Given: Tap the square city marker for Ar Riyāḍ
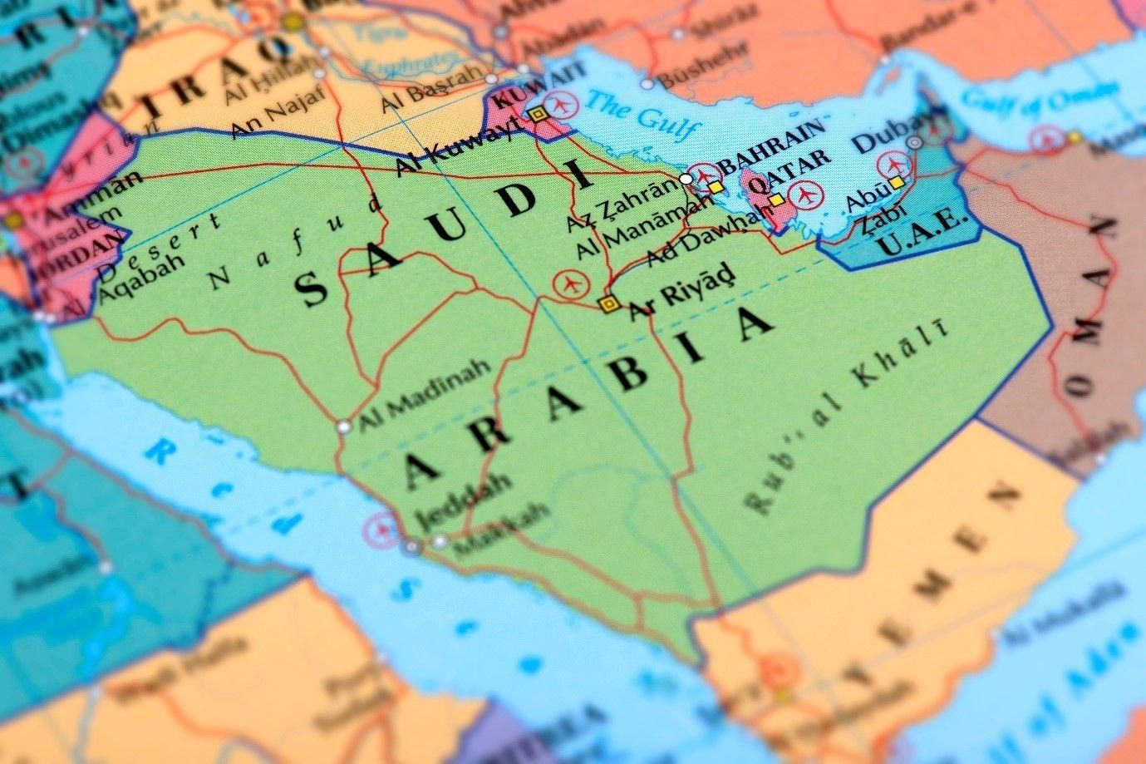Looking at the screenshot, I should (x=609, y=304).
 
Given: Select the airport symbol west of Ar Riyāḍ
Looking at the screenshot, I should (x=569, y=284).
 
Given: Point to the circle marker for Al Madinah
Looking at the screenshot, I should (x=343, y=427).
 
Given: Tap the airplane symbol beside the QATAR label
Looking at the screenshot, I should (x=804, y=196).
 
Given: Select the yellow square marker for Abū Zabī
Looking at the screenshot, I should (x=896, y=183).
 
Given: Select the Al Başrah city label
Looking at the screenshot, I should (x=431, y=89).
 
